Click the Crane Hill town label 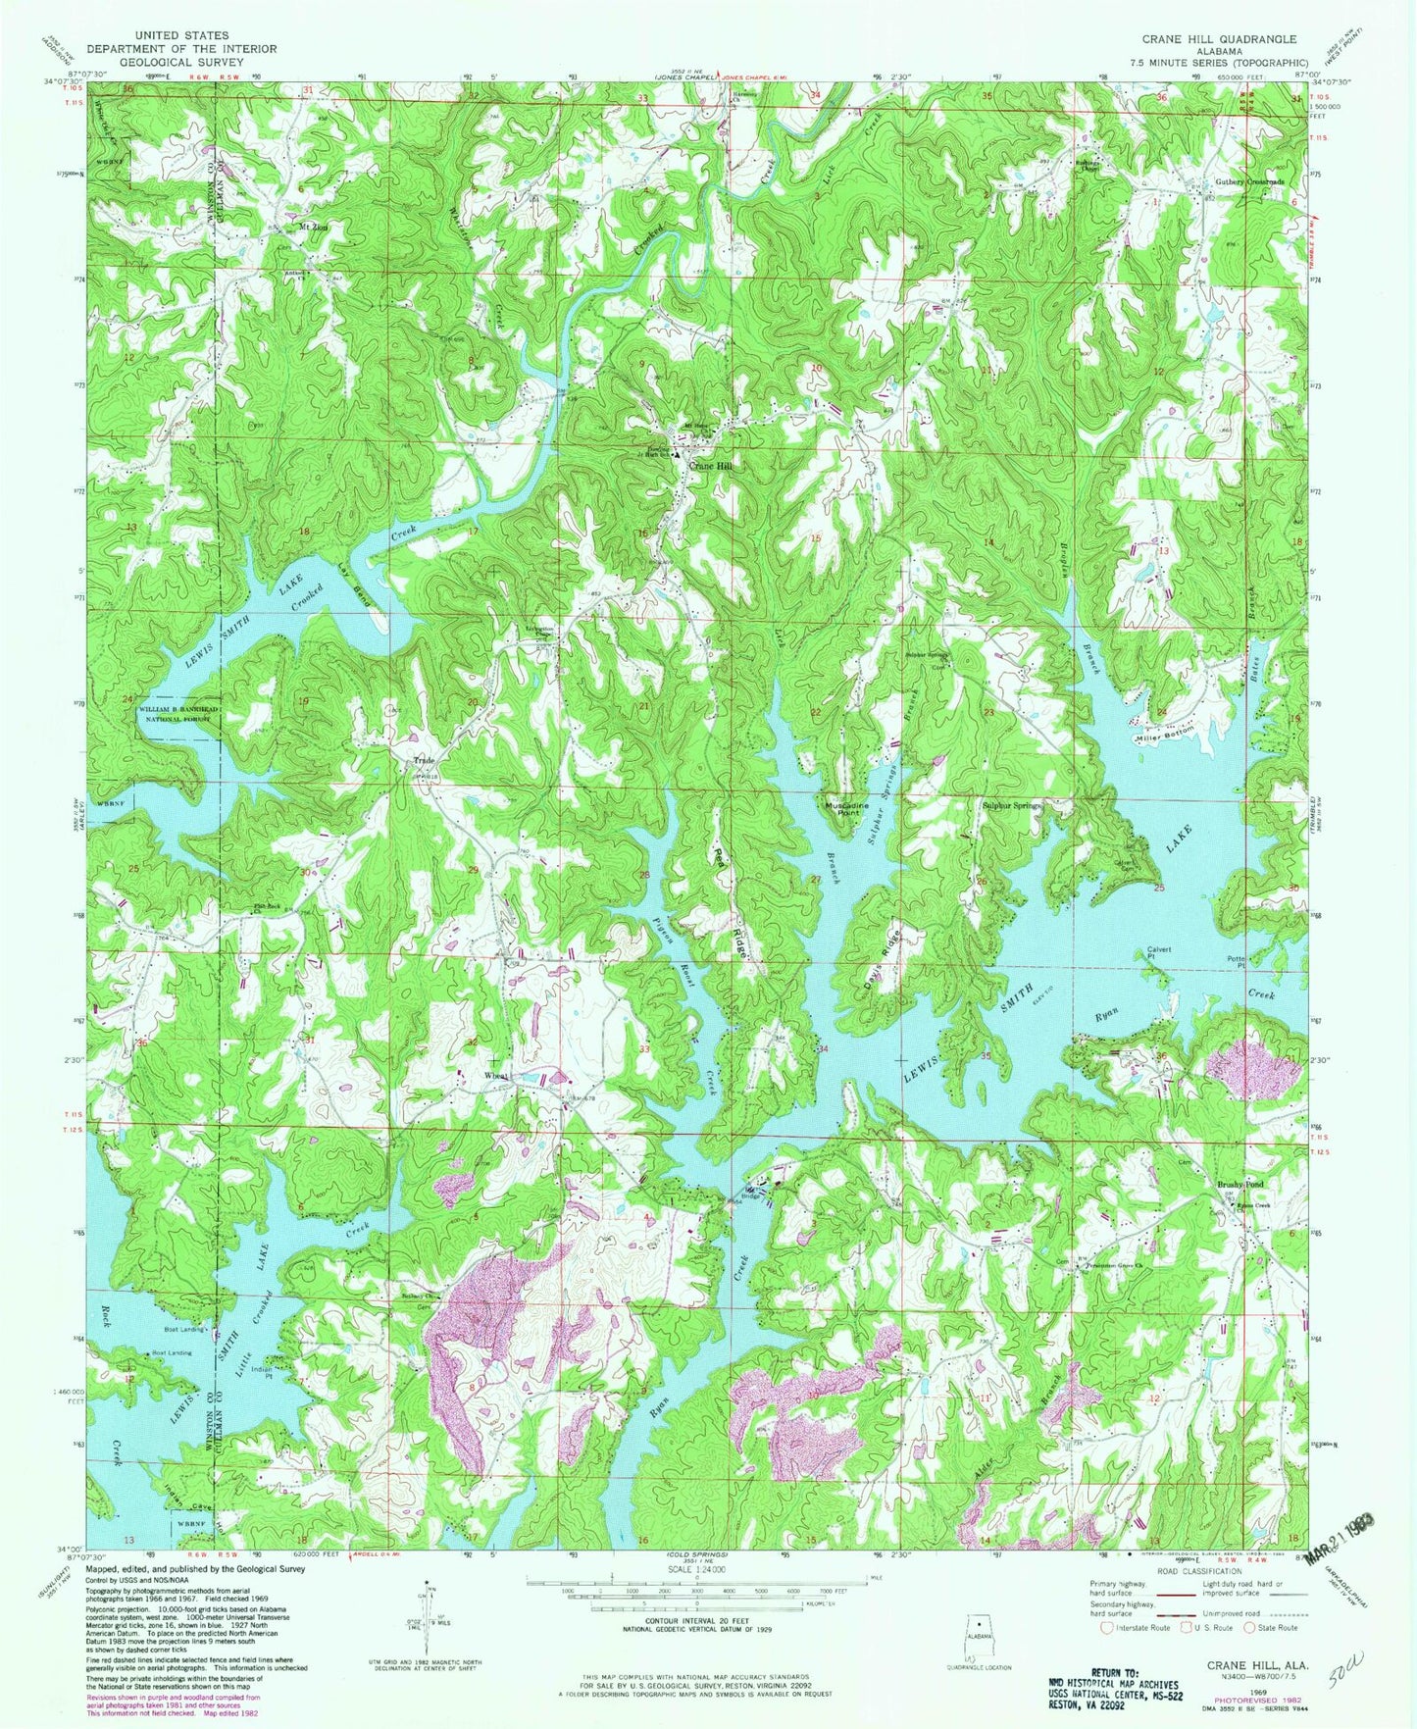(711, 467)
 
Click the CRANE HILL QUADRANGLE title (1218, 39)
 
